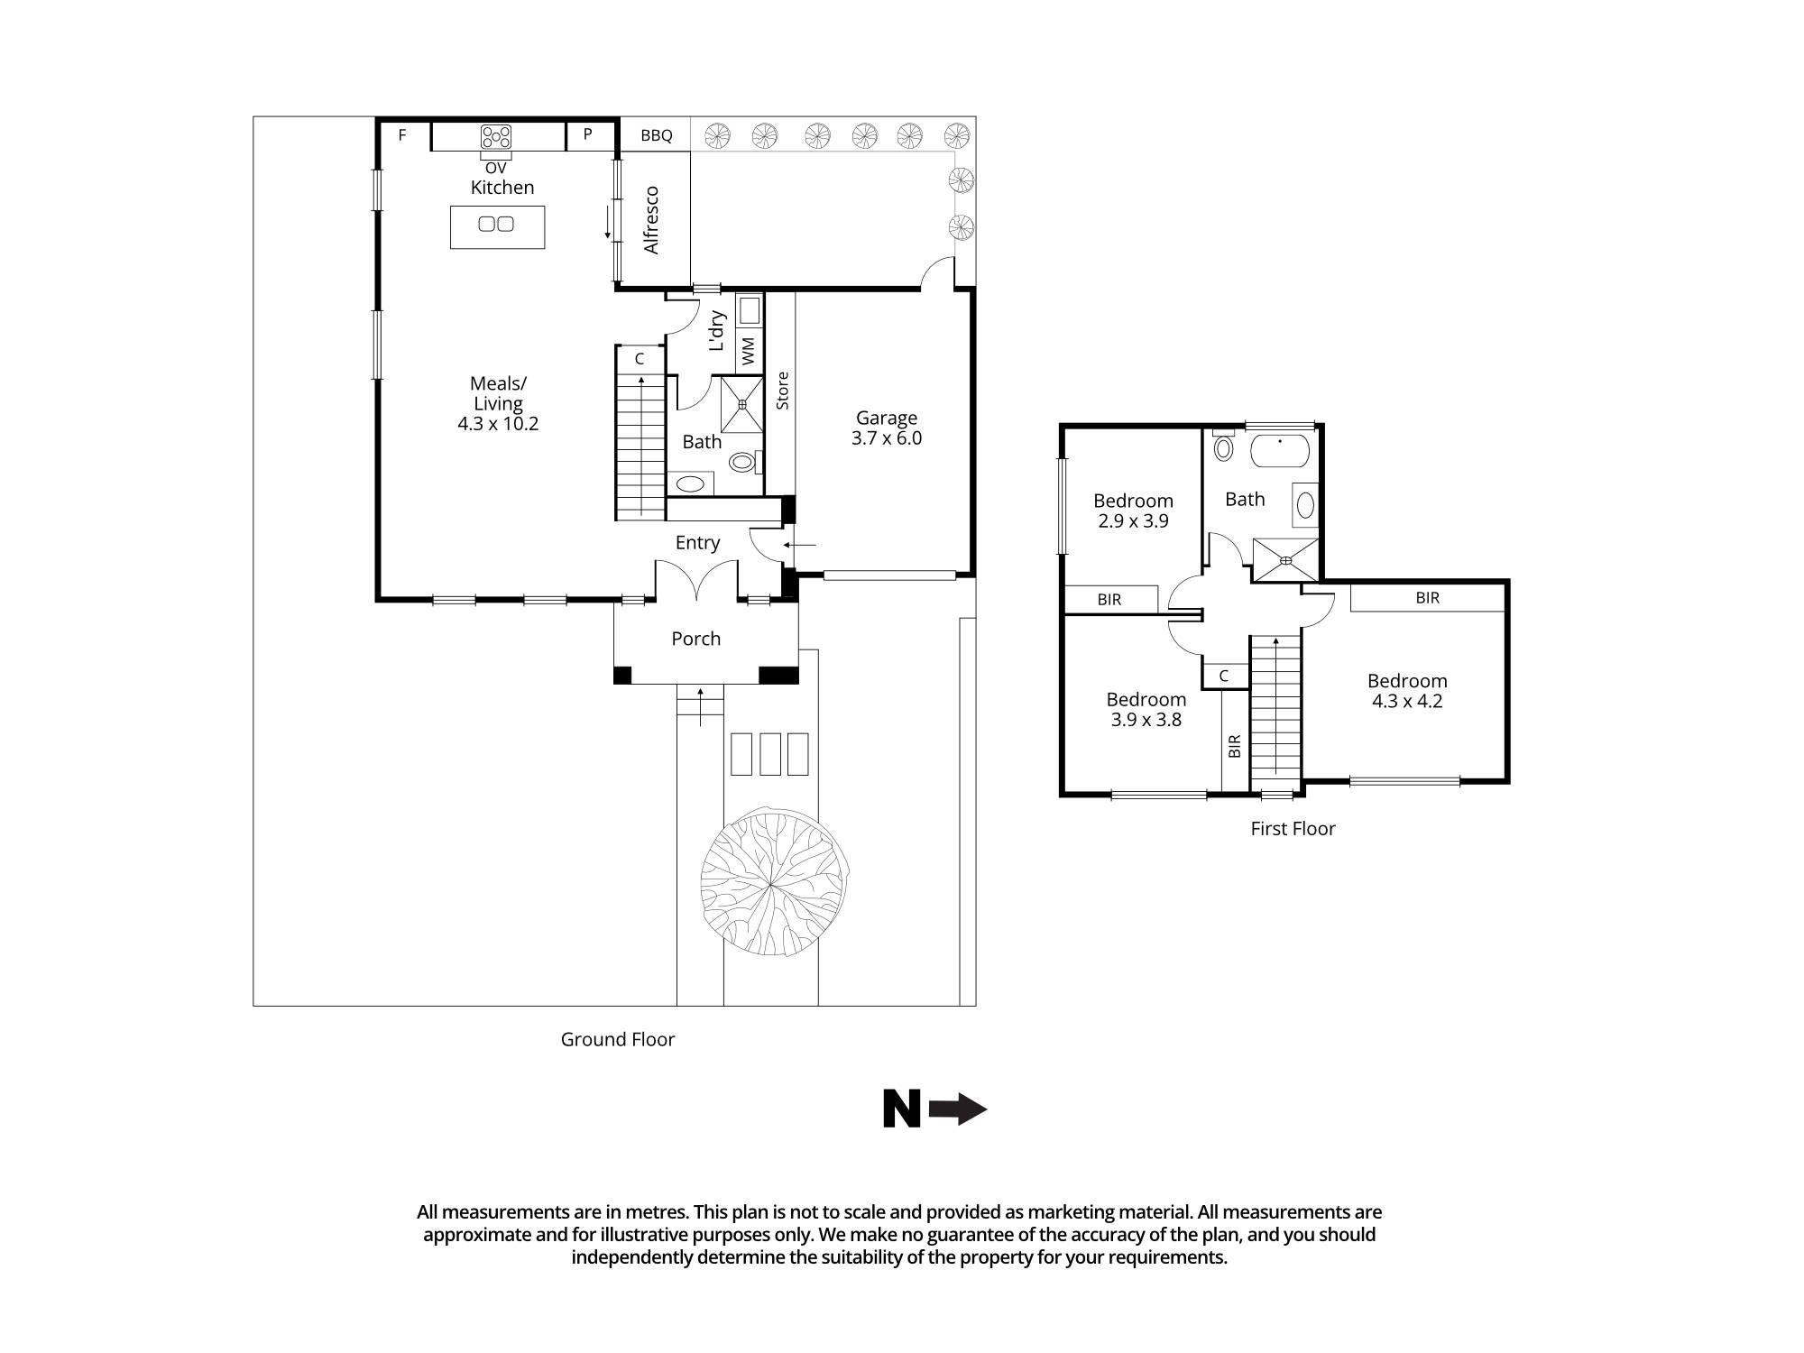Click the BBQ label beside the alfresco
pyautogui.click(x=656, y=135)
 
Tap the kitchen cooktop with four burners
pyautogui.click(x=495, y=137)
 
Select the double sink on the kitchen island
pyautogui.click(x=496, y=224)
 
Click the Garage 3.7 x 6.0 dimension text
pyautogui.click(x=886, y=438)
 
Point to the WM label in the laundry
pyautogui.click(x=748, y=351)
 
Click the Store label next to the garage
pyautogui.click(x=782, y=391)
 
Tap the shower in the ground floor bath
pyautogui.click(x=741, y=404)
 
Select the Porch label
pyautogui.click(x=695, y=639)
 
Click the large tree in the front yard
pyautogui.click(x=773, y=886)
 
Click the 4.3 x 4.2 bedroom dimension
pyautogui.click(x=1406, y=701)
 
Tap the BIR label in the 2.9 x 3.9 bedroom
pyautogui.click(x=1109, y=599)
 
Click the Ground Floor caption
pyautogui.click(x=617, y=1039)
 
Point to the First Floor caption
pyautogui.click(x=1292, y=828)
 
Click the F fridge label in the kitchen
pyautogui.click(x=402, y=135)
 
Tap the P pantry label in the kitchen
pyautogui.click(x=587, y=134)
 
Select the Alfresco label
pyautogui.click(x=651, y=220)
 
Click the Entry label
pyautogui.click(x=697, y=542)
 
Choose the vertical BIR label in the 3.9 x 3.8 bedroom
pyautogui.click(x=1235, y=746)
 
